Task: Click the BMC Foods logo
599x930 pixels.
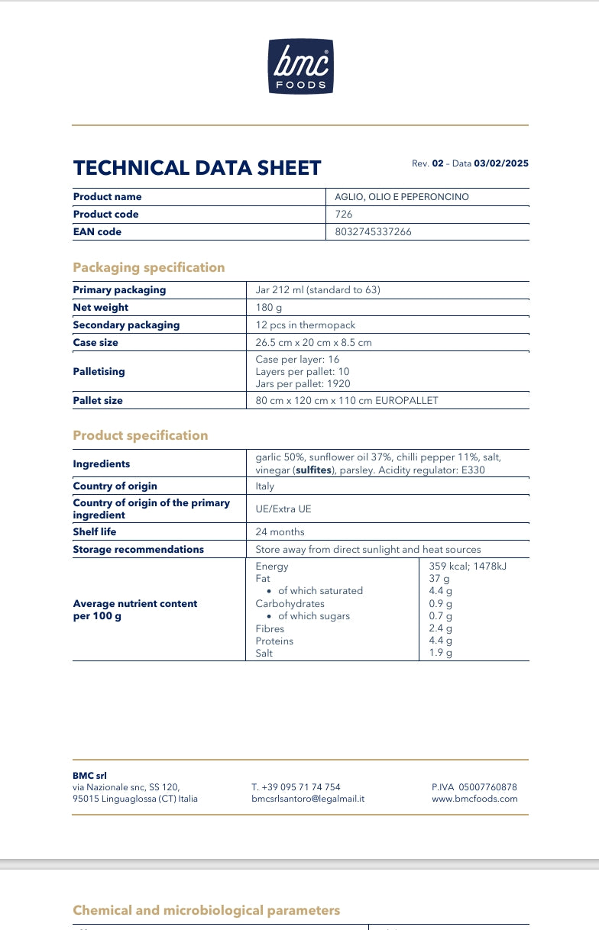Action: (x=300, y=66)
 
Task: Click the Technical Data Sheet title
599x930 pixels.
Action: (x=197, y=168)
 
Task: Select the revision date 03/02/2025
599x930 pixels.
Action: (x=501, y=163)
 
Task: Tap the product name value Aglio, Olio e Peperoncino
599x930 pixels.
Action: (x=402, y=197)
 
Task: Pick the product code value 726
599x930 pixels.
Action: (x=344, y=215)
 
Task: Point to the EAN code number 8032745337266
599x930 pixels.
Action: (x=373, y=232)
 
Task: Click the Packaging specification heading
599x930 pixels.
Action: (x=149, y=267)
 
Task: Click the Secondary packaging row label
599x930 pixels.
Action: (x=126, y=325)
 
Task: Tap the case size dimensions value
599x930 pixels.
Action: (x=313, y=343)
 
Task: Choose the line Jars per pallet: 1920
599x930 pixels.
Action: (x=303, y=384)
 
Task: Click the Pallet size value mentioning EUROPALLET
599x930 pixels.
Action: (x=347, y=401)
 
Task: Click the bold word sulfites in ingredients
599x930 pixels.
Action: (x=314, y=470)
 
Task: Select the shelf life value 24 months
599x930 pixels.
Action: (x=280, y=532)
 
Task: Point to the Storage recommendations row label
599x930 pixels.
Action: (x=138, y=550)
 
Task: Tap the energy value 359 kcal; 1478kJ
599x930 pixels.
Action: (x=468, y=567)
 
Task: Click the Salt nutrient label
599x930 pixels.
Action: (x=264, y=654)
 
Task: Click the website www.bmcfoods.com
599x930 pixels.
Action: (x=474, y=799)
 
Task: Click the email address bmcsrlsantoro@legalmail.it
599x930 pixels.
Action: (x=308, y=799)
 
